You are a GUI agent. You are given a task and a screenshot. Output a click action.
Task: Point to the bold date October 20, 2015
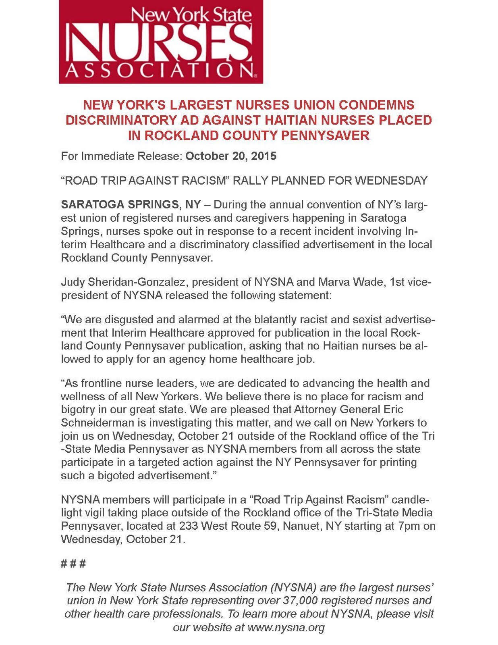click(231, 156)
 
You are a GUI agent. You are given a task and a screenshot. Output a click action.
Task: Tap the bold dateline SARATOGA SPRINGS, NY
click(131, 204)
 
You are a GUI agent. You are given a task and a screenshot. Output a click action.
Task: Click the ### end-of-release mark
click(73, 563)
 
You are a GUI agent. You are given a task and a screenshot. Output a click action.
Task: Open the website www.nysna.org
click(286, 627)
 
